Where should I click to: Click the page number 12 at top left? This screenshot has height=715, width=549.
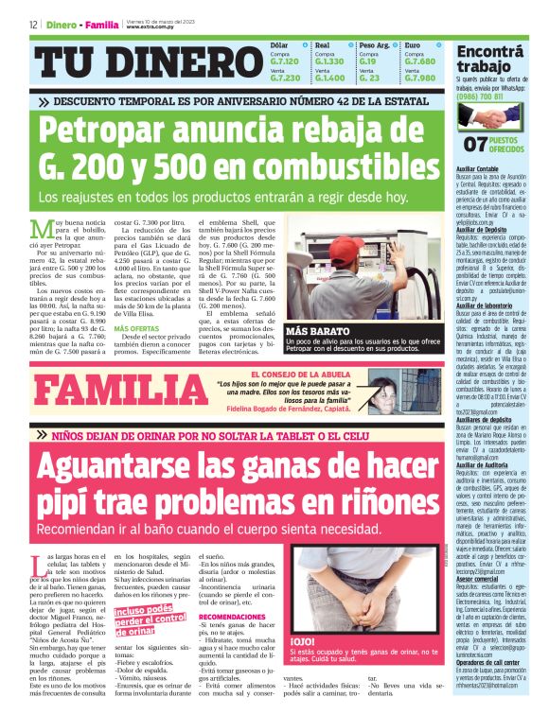pos(33,25)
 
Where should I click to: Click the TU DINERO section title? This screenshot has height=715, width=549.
pos(147,63)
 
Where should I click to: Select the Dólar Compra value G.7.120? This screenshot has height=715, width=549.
pos(284,61)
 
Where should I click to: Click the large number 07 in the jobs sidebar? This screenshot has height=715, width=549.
pos(474,144)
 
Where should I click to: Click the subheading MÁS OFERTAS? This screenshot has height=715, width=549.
pos(136,328)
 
